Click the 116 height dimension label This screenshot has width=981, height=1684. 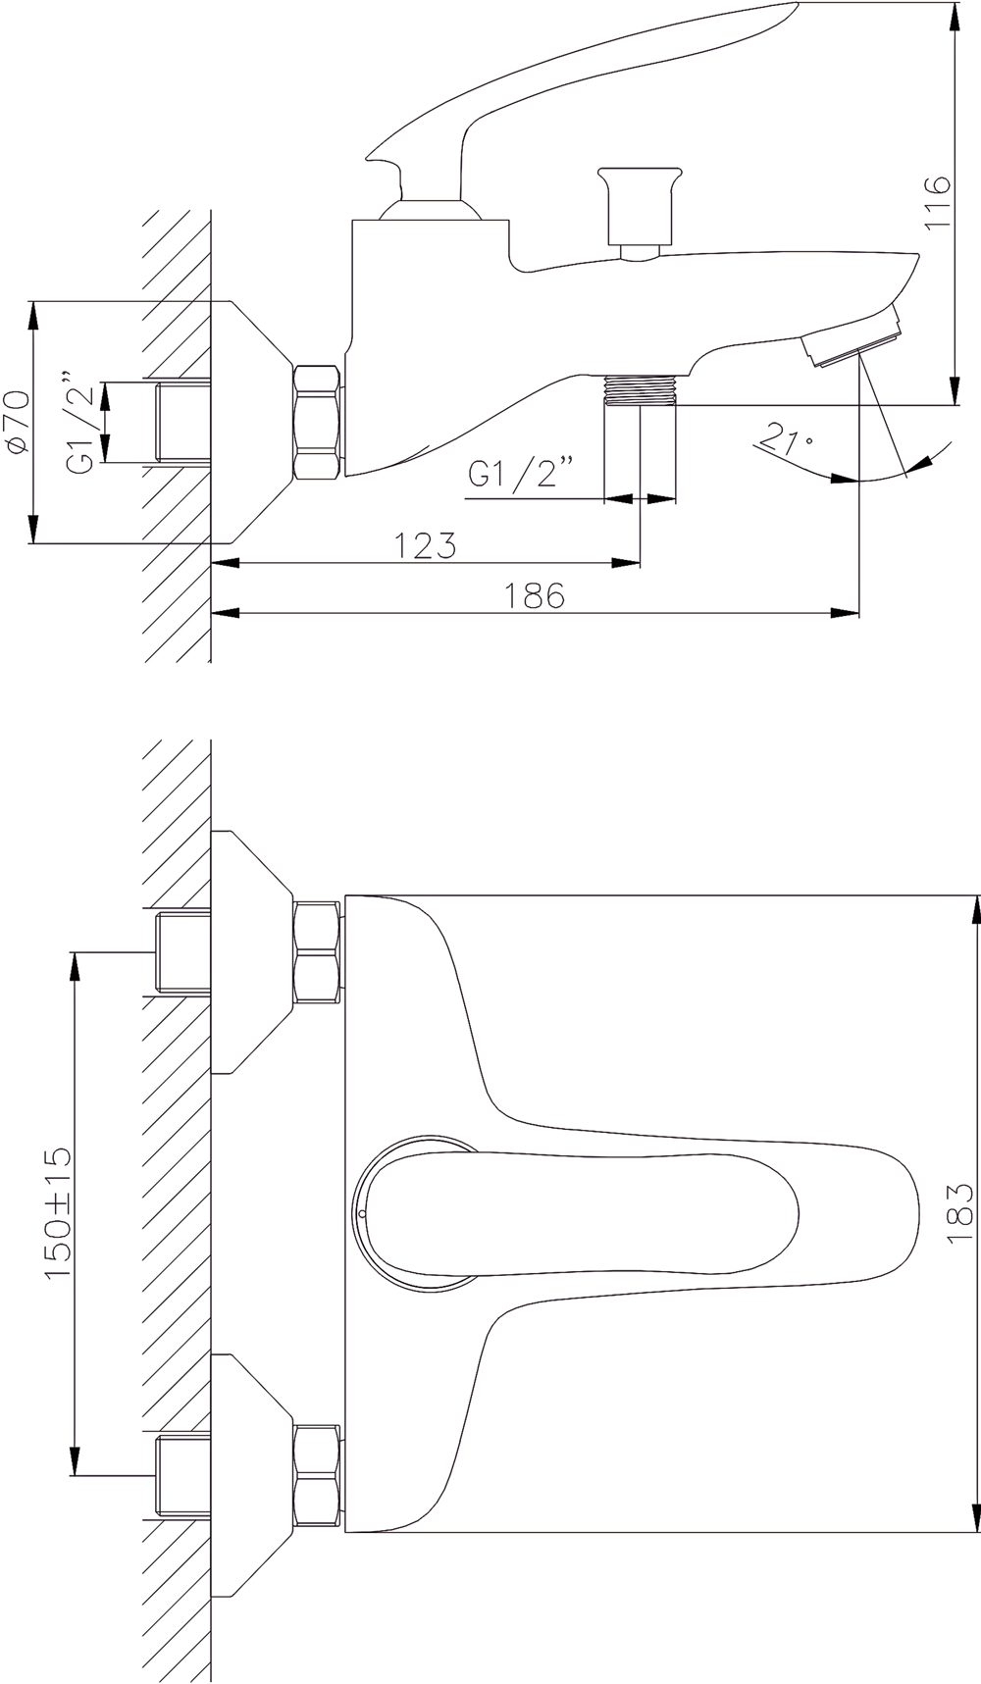pyautogui.click(x=939, y=203)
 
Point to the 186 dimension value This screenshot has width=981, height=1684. pyautogui.click(x=535, y=594)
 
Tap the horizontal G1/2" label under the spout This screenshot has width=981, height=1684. pyautogui.click(x=520, y=474)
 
